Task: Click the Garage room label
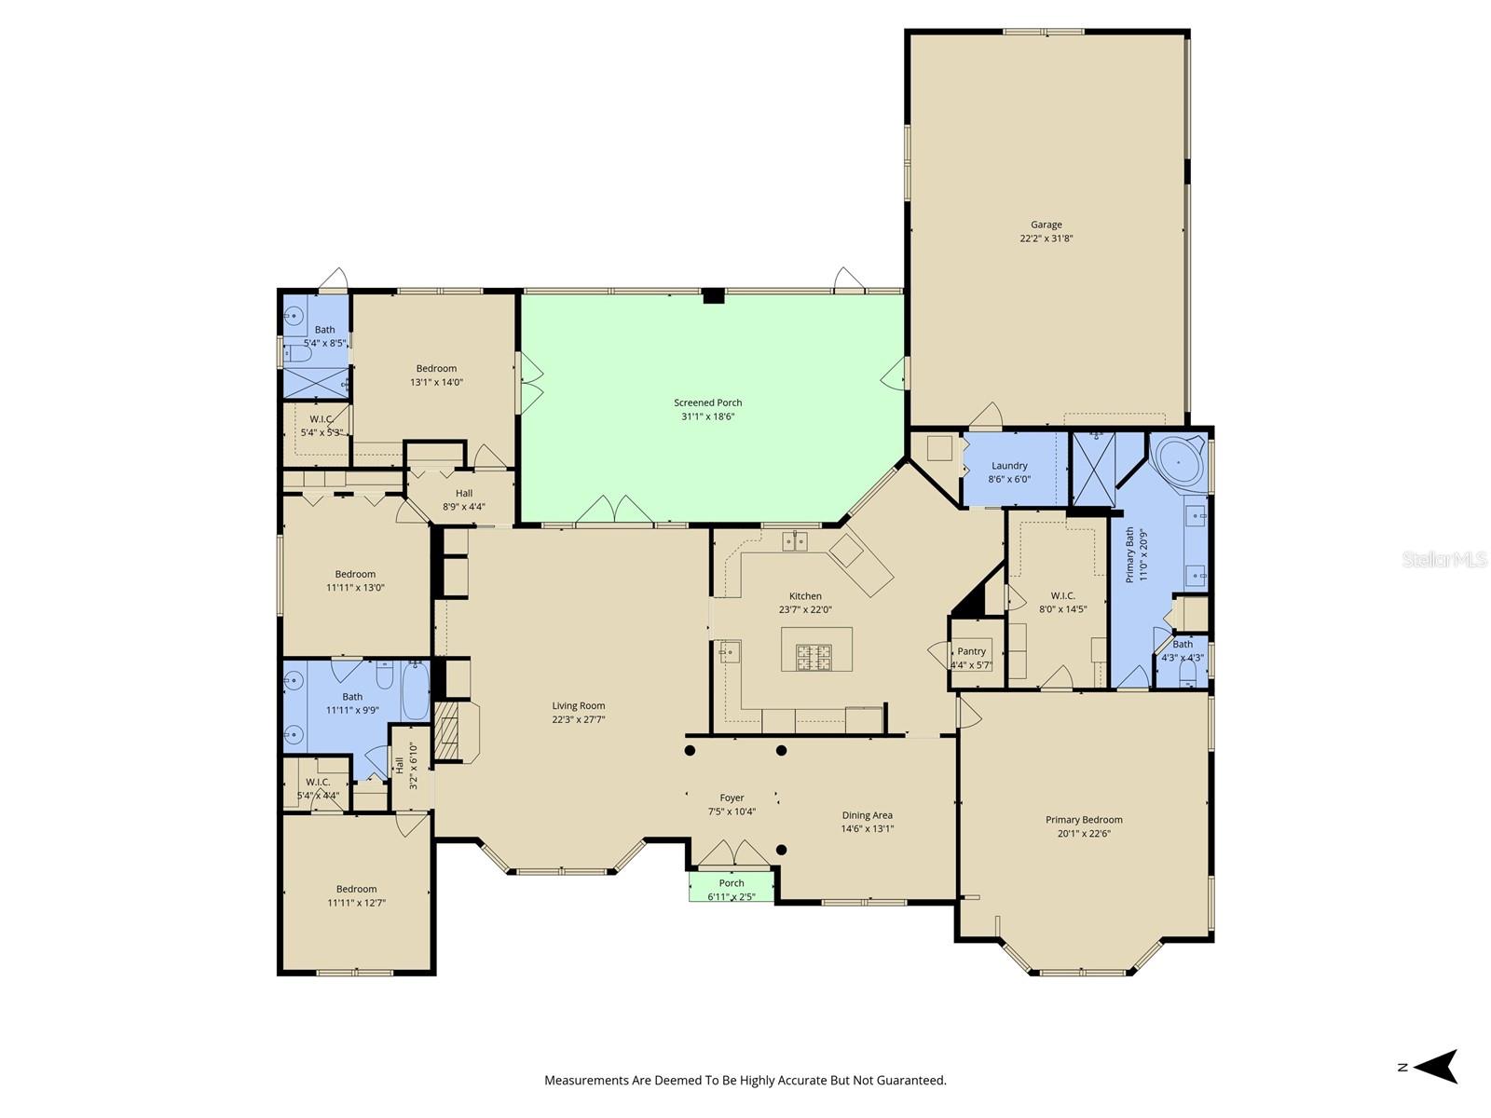1046,225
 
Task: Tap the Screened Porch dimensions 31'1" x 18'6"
708,416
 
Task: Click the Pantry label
971,651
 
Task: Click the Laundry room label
1009,466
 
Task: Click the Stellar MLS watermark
1443,559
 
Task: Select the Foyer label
732,798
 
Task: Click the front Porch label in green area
732,883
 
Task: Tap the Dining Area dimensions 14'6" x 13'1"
868,828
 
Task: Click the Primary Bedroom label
1084,820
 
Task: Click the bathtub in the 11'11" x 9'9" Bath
416,689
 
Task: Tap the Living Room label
578,705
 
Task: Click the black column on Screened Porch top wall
713,296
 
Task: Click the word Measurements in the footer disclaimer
584,1081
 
